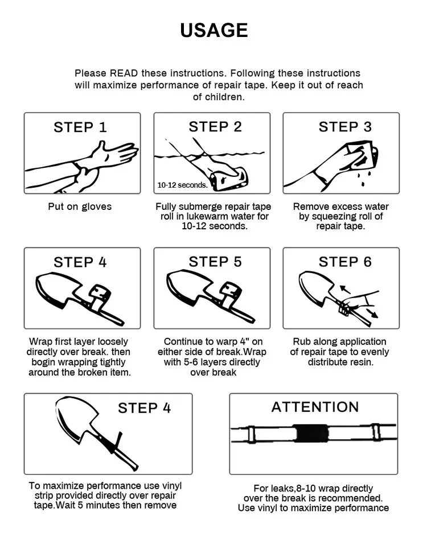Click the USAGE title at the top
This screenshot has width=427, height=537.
pyautogui.click(x=213, y=30)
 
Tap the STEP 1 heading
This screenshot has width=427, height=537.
pyautogui.click(x=80, y=127)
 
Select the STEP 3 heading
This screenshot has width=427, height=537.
pyautogui.click(x=344, y=127)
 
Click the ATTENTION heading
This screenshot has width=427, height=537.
pyautogui.click(x=315, y=407)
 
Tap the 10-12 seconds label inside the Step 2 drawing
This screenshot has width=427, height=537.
pyautogui.click(x=182, y=185)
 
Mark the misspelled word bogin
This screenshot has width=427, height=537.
pyautogui.click(x=42, y=362)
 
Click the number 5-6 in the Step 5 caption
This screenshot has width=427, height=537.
pyautogui.click(x=205, y=362)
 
